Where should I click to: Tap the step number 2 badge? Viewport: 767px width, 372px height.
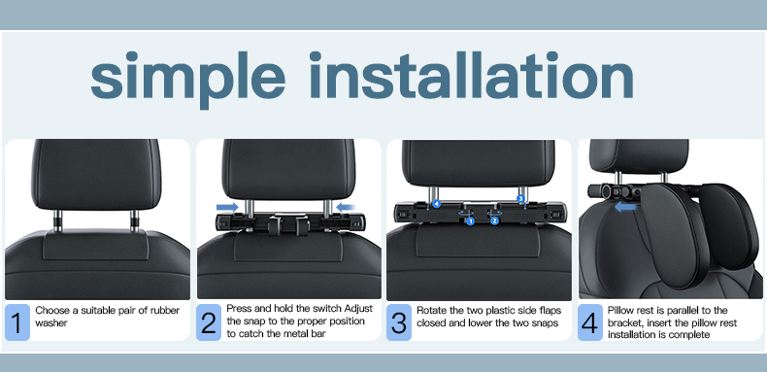point(209,321)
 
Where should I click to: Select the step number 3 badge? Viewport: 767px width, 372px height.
point(399,321)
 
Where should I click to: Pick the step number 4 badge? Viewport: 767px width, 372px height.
point(589,321)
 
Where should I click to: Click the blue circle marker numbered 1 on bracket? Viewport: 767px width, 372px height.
point(470,220)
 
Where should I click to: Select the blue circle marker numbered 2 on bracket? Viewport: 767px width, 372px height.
point(494,220)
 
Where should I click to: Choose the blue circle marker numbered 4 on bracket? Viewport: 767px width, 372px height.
point(436,204)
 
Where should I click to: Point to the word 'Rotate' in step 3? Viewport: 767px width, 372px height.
point(431,309)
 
